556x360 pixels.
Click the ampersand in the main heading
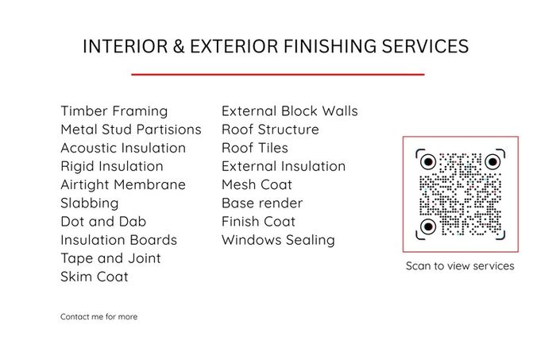pyautogui.click(x=179, y=46)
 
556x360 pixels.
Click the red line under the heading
pyautogui.click(x=278, y=75)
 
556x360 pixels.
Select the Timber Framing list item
pyautogui.click(x=114, y=111)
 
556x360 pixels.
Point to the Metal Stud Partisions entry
pyautogui.click(x=131, y=130)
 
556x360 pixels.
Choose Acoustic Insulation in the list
pyautogui.click(x=123, y=148)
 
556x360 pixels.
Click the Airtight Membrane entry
pyautogui.click(x=123, y=185)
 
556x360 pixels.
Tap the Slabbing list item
pyautogui.click(x=89, y=203)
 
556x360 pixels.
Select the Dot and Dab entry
pyautogui.click(x=103, y=222)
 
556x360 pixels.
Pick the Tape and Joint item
pyautogui.click(x=110, y=258)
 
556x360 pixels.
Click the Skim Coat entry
pyautogui.click(x=95, y=277)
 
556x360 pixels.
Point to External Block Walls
pyautogui.click(x=290, y=111)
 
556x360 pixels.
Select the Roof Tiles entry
pyautogui.click(x=255, y=148)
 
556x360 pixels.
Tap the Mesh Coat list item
pyautogui.click(x=257, y=185)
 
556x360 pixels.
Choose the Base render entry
pyautogui.click(x=262, y=203)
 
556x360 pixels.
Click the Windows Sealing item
pyautogui.click(x=278, y=241)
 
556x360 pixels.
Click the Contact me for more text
pyautogui.click(x=99, y=317)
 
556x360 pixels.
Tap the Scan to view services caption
pyautogui.click(x=460, y=266)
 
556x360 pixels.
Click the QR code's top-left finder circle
pyautogui.click(x=428, y=162)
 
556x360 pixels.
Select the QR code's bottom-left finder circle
pyautogui.click(x=428, y=226)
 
